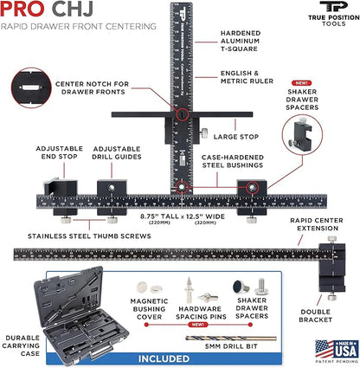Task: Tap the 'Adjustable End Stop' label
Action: click(x=59, y=153)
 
